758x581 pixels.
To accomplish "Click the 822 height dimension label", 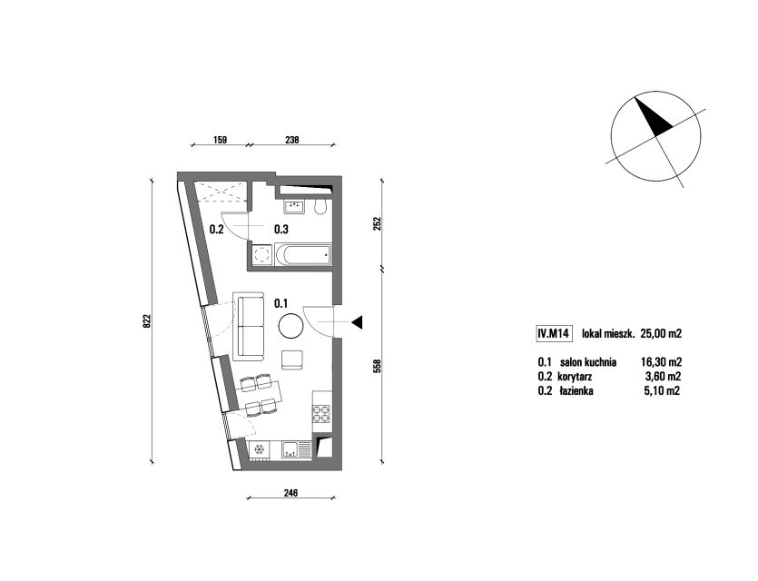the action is pos(148,321).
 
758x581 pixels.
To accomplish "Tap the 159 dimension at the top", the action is pos(220,140).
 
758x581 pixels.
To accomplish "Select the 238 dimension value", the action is pos(292,140).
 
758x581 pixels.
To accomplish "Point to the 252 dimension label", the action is pos(378,224).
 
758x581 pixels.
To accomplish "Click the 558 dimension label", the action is pos(378,366).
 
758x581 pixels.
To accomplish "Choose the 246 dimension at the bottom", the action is pos(290,493).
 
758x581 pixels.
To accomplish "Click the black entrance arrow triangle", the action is pos(357,322).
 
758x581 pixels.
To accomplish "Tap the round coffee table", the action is pos(291,326).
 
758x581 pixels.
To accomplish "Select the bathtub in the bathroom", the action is pos(303,255).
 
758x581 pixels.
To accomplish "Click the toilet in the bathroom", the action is pos(320,206).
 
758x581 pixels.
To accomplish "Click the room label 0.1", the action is pos(281,303).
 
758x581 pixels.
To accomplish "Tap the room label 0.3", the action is pos(281,229).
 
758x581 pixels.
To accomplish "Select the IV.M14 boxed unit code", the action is pos(554,333).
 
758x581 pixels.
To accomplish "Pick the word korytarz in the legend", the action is pos(575,377).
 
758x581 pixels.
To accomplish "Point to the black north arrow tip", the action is pos(635,98).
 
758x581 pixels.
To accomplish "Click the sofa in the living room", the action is pos(249,326).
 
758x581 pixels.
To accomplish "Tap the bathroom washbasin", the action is pos(293,206).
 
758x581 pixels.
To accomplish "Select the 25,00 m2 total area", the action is pos(661,333).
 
